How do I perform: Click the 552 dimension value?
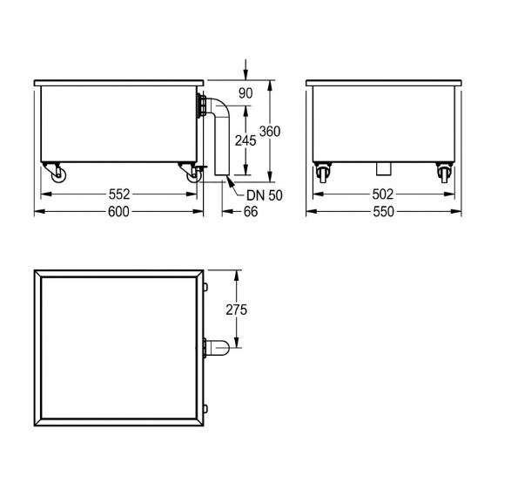click(119, 194)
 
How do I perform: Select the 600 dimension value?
click(118, 212)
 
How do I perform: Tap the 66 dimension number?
click(251, 212)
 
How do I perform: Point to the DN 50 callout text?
click(265, 195)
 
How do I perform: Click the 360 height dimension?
click(270, 132)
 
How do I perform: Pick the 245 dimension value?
click(246, 141)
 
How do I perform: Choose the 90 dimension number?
click(246, 93)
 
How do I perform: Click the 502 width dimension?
click(383, 194)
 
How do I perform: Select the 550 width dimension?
click(383, 212)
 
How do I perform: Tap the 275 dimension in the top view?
click(236, 310)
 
